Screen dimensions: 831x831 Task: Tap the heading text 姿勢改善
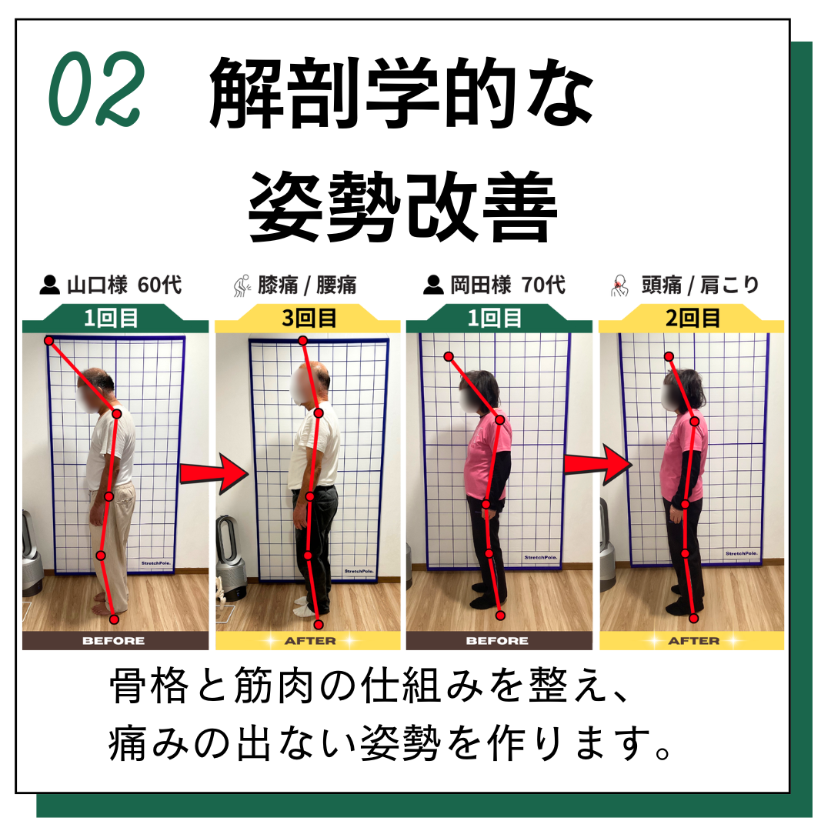(402, 207)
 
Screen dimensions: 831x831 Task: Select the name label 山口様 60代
(124, 285)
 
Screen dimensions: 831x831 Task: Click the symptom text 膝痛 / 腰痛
(307, 285)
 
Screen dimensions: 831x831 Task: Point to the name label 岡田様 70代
(508, 285)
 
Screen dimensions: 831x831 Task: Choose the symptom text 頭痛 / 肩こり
(700, 285)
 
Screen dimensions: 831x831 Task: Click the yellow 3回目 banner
(308, 319)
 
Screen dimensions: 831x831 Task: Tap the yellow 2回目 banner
(692, 319)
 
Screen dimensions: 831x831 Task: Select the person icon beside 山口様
(50, 285)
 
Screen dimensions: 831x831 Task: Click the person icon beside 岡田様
(433, 285)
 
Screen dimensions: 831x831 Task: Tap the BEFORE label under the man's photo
(113, 641)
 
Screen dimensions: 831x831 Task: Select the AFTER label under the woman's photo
(694, 641)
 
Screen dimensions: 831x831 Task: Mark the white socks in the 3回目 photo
(305, 606)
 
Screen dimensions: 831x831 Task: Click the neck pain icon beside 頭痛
(619, 285)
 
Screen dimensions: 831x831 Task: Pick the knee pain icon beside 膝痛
(242, 285)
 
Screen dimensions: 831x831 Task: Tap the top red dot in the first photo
(48, 341)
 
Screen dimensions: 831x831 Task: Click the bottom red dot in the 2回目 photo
(694, 618)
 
